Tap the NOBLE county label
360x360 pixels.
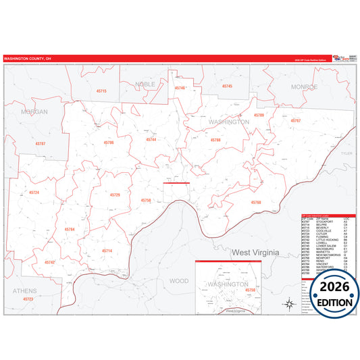point(145,84)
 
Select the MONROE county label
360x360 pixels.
point(304,87)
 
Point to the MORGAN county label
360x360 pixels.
point(34,111)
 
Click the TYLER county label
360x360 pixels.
point(346,153)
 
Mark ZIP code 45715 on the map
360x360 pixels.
point(101,91)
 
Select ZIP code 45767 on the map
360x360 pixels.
point(295,120)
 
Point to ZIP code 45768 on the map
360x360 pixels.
point(255,202)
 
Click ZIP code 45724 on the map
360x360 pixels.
point(34,192)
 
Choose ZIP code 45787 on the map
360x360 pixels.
point(41,144)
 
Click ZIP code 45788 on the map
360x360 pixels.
point(215,140)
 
